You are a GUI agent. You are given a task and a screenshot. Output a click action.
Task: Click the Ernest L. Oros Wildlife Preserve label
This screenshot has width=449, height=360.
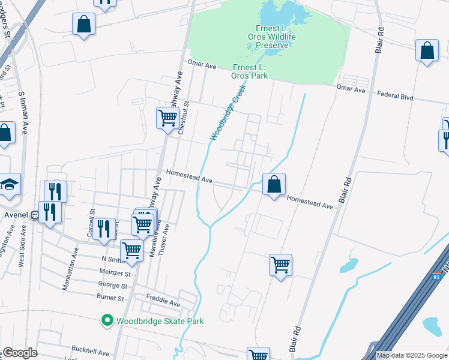coord(277,37)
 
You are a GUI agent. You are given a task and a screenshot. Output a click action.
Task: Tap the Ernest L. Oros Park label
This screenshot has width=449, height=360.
coord(249,71)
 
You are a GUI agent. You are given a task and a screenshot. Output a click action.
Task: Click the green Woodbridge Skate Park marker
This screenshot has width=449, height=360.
coord(107,321)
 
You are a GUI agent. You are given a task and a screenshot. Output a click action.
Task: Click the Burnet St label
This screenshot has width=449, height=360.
coord(110,297)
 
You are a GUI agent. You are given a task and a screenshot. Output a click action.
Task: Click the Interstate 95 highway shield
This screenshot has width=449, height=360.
coord(436,275)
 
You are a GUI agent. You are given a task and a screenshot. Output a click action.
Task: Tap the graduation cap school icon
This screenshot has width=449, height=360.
coord(10,185)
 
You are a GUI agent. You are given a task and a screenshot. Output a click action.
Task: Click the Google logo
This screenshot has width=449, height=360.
coord(19,353)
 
